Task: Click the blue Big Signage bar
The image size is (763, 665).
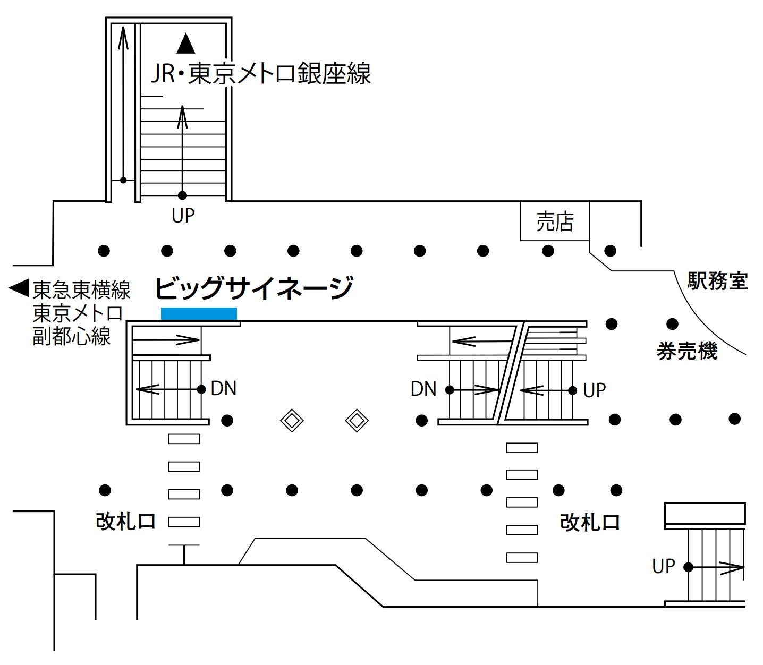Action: [x=199, y=313]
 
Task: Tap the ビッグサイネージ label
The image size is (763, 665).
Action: [x=253, y=288]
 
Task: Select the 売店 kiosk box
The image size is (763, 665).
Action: [x=555, y=221]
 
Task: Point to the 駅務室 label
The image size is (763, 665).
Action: [x=717, y=280]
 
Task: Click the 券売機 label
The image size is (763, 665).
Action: [x=687, y=351]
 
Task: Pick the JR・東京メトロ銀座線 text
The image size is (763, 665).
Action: [x=261, y=73]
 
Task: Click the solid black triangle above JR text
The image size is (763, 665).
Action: [x=186, y=44]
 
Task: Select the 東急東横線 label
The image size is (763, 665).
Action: [x=81, y=290]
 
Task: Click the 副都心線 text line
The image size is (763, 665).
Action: [x=72, y=336]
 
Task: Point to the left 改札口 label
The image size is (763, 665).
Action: [x=125, y=521]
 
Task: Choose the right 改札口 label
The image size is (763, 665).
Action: [x=590, y=523]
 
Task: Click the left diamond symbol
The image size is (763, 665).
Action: [x=292, y=421]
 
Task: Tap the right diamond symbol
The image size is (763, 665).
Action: [x=357, y=421]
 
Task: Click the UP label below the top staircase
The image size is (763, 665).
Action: [x=183, y=216]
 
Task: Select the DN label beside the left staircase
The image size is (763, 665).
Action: [x=223, y=388]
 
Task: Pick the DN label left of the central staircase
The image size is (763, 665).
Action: [x=423, y=389]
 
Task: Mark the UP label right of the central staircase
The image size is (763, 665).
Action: [x=594, y=390]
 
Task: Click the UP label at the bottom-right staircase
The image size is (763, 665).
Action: [x=663, y=566]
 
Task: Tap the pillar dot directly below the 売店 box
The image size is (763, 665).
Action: [x=548, y=251]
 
